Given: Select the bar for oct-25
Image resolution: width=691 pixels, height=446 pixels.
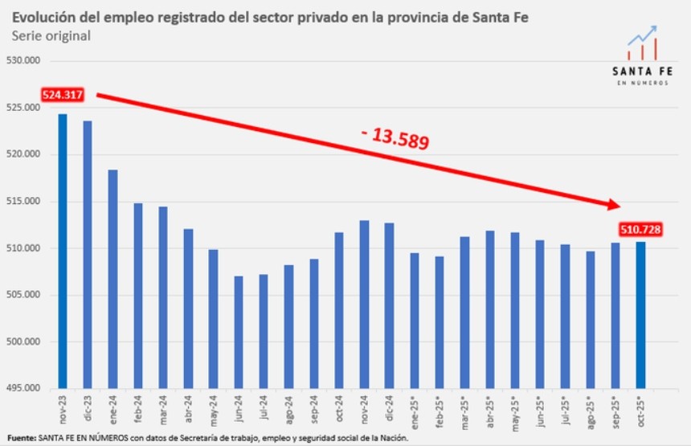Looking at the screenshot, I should point(640,314).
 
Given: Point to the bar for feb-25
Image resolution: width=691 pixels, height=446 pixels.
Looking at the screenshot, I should point(440,321).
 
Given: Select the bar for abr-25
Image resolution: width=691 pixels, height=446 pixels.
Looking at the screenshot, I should point(490,309).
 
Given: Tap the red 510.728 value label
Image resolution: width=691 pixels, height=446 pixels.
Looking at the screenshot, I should point(640,230).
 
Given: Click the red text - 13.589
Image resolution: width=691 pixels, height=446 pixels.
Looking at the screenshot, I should point(395,138).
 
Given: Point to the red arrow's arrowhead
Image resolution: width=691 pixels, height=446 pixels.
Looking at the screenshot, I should point(612,207).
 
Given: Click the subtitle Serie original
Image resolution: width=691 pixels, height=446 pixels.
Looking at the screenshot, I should point(51,36).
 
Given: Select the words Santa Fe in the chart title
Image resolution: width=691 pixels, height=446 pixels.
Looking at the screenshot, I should point(503,16).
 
